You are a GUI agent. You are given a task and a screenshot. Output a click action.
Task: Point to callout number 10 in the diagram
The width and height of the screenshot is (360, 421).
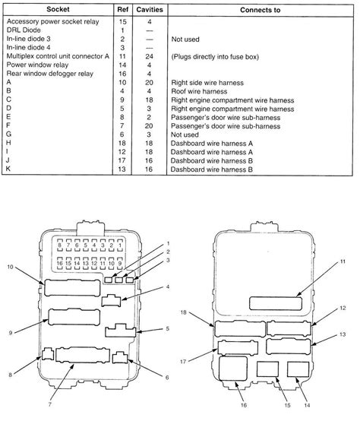10,267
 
